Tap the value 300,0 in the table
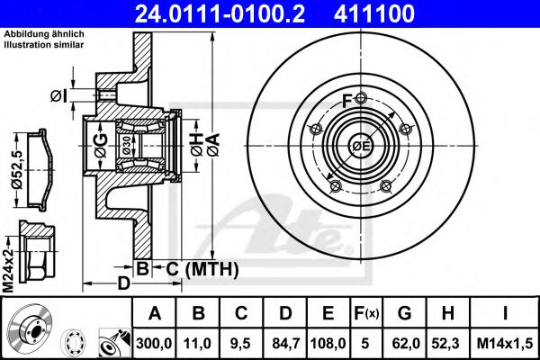pos(155,342)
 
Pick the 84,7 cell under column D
pos(285,342)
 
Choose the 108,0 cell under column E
pos(328,342)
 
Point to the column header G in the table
pos(405,313)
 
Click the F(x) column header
pos(367,313)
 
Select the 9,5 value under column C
pos(241,342)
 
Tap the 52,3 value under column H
pos(448,342)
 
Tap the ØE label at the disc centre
pos(359,147)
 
